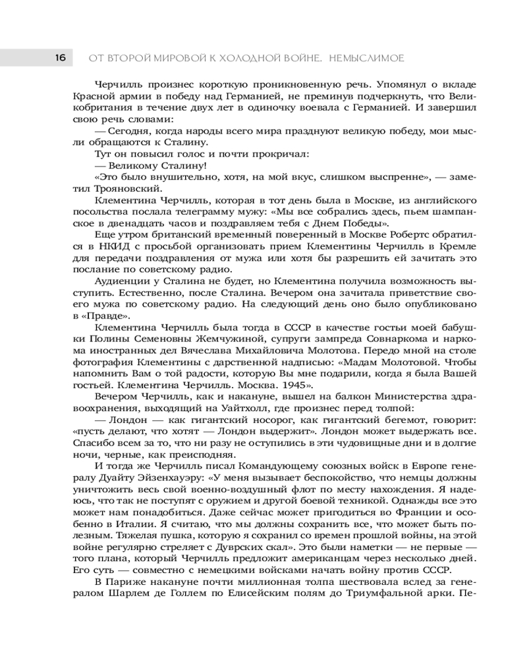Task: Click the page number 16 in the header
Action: pos(59,58)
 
